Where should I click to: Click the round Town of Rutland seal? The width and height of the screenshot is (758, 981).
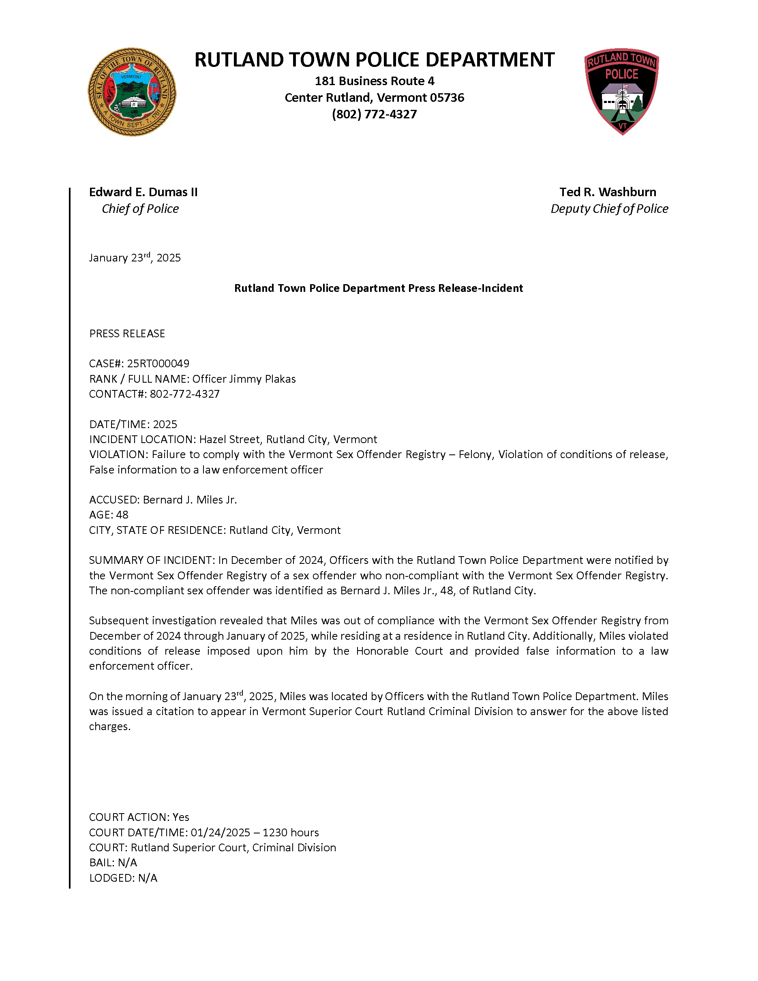point(132,92)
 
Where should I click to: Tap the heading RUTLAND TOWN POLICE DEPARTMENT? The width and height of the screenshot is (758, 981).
point(374,60)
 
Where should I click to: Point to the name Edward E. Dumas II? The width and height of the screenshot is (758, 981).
point(143,192)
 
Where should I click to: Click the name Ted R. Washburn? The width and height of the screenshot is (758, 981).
point(608,192)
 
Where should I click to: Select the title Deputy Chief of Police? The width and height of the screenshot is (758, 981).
point(609,209)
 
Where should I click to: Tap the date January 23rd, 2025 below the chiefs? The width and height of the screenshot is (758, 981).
point(135,258)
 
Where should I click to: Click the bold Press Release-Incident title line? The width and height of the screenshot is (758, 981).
point(379,288)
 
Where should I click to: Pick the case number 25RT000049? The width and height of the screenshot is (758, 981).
point(158,363)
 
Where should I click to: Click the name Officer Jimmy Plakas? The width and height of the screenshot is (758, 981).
point(244,379)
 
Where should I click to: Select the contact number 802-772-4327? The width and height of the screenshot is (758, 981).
point(184,394)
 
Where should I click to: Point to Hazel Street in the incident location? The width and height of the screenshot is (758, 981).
point(229,439)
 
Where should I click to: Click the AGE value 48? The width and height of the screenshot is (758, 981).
point(122,515)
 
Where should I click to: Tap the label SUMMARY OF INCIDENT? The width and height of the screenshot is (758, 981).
point(152,560)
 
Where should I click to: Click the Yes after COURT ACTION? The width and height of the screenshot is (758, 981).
point(181,817)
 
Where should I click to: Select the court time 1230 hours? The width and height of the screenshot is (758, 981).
point(291,832)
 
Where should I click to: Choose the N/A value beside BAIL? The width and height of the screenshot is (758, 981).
point(128,862)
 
